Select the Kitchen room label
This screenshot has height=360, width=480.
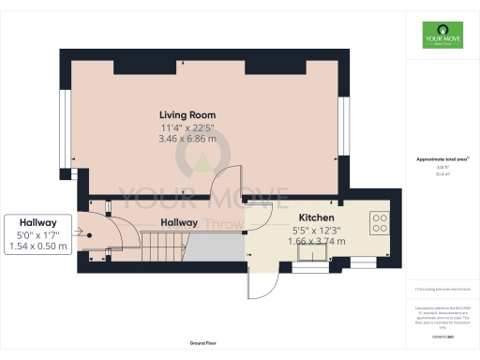pos(316,217)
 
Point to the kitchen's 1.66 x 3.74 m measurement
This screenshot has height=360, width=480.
pos(316,241)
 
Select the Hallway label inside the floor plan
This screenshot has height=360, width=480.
pos(178,223)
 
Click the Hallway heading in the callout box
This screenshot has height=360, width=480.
pos(37,222)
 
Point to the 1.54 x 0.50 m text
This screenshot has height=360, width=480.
pos(37,246)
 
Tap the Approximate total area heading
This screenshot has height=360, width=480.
pos(441,159)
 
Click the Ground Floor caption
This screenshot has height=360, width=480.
pos(203,343)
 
